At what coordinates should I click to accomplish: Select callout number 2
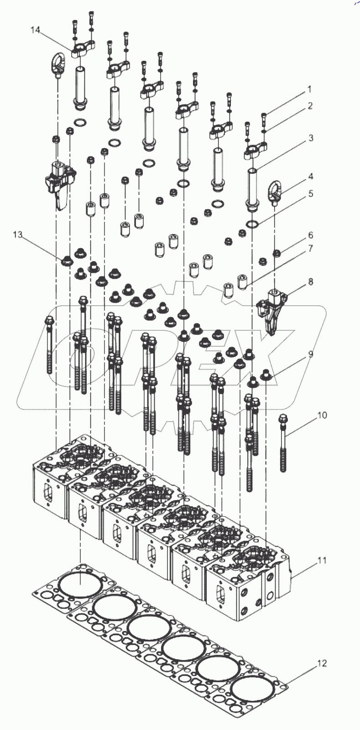click(310, 106)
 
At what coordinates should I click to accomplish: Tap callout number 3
click(310, 137)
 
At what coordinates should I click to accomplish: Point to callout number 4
click(310, 176)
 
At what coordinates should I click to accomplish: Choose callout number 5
click(310, 193)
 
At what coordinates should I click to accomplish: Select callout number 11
click(322, 560)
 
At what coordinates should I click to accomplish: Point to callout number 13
click(17, 235)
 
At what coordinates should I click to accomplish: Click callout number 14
click(35, 30)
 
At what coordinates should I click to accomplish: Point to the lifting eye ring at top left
click(58, 65)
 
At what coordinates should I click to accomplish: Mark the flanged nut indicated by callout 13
click(68, 261)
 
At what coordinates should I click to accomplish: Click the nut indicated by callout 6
click(276, 253)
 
